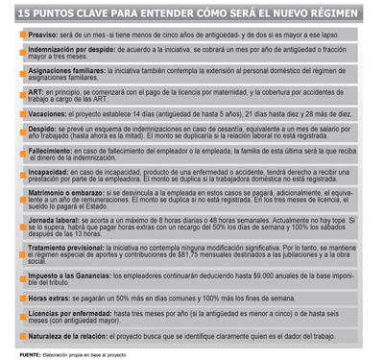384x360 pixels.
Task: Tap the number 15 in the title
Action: coord(26,11)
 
